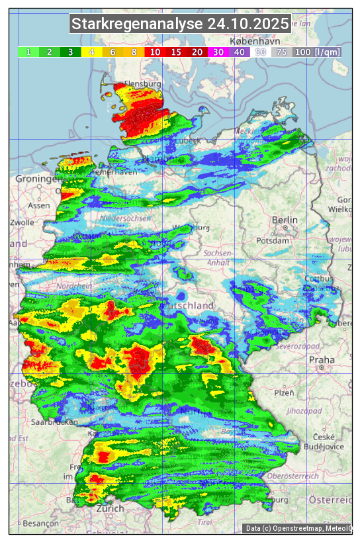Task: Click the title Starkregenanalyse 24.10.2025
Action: [x=180, y=24]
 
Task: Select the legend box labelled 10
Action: [x=155, y=52]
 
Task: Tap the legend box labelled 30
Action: [x=218, y=52]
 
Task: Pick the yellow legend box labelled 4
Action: [x=91, y=52]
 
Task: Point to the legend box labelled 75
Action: [x=282, y=52]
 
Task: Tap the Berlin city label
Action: [x=285, y=220]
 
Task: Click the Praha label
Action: [x=322, y=360]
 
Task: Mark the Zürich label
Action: [x=110, y=508]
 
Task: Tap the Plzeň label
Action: [x=284, y=392]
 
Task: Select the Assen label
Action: [x=39, y=205]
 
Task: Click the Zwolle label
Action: [x=22, y=222]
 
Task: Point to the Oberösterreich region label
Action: [x=293, y=476]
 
